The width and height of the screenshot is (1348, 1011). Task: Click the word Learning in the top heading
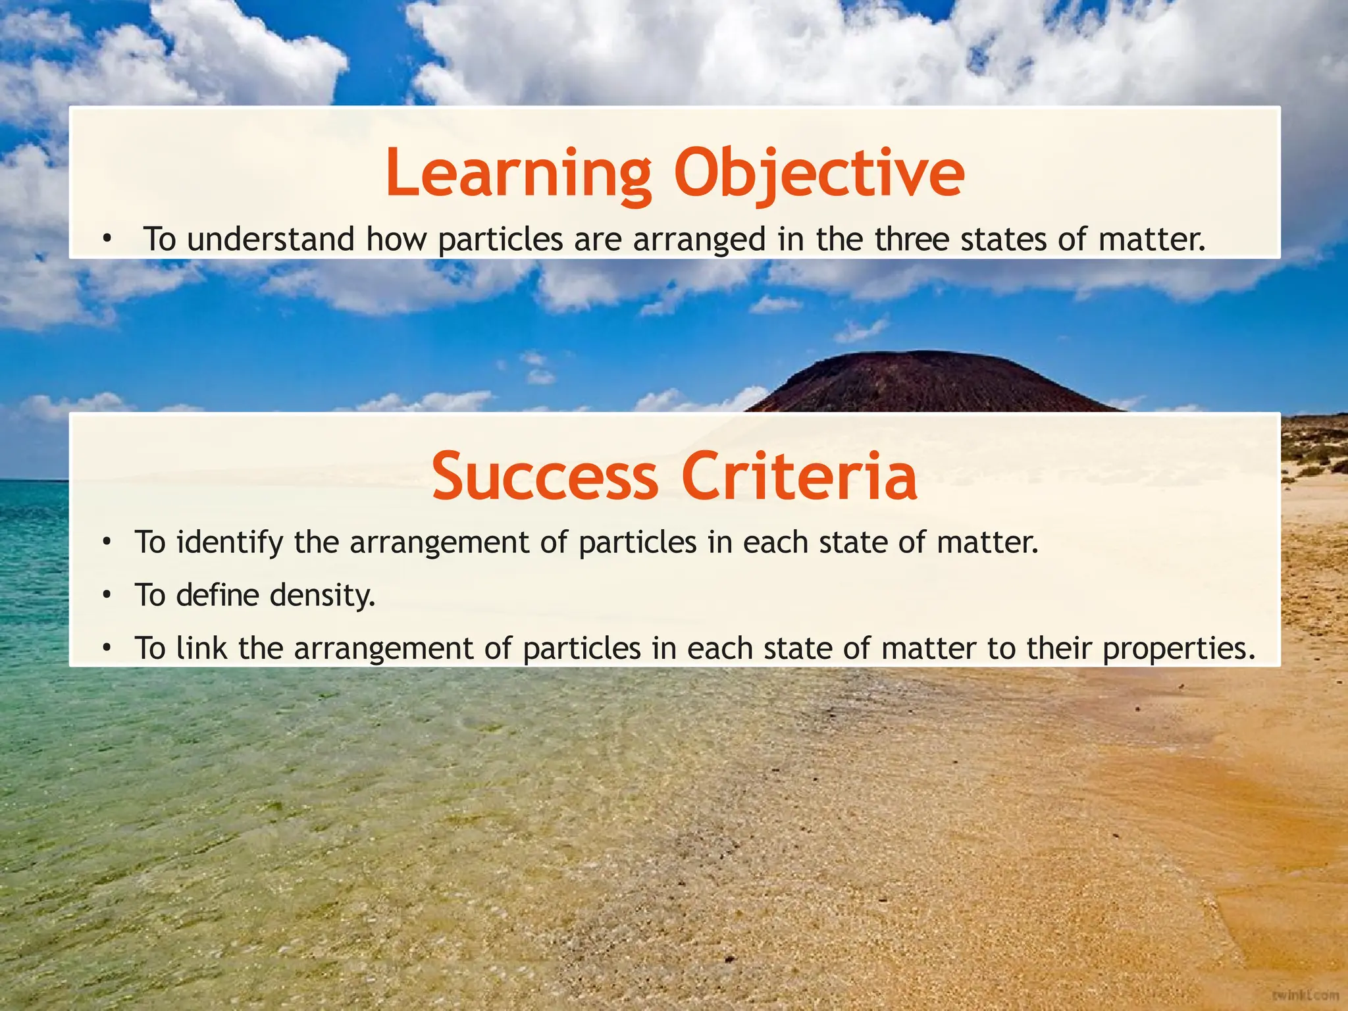tap(518, 173)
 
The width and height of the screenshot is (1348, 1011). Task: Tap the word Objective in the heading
tap(819, 173)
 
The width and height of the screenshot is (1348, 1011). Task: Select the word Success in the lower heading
tap(544, 476)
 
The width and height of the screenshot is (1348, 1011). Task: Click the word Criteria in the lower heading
tap(799, 476)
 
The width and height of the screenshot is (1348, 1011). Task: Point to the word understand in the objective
tap(271, 239)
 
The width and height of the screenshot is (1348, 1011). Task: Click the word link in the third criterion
tap(201, 648)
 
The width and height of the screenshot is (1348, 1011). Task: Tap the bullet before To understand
tap(106, 240)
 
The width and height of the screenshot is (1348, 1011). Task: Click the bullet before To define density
tap(106, 596)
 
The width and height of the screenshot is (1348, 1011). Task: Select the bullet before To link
tap(106, 649)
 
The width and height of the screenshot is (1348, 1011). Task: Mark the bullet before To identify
tap(106, 543)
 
